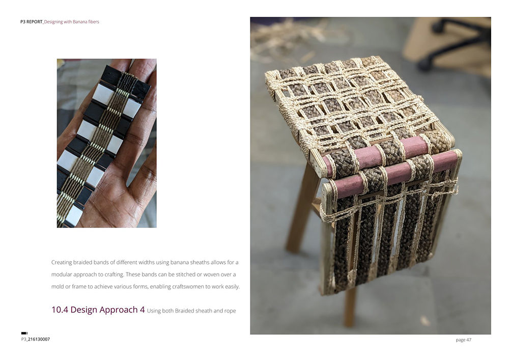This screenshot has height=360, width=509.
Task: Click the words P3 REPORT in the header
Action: (32, 22)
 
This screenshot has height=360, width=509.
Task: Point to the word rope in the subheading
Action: (230, 311)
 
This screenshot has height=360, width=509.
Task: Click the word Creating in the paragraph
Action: (62, 262)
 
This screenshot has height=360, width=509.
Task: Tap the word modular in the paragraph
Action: (62, 274)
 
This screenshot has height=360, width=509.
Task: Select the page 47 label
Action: (463, 340)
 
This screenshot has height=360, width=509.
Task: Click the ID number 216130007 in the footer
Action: (39, 339)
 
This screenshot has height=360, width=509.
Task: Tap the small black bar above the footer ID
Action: (24, 333)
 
